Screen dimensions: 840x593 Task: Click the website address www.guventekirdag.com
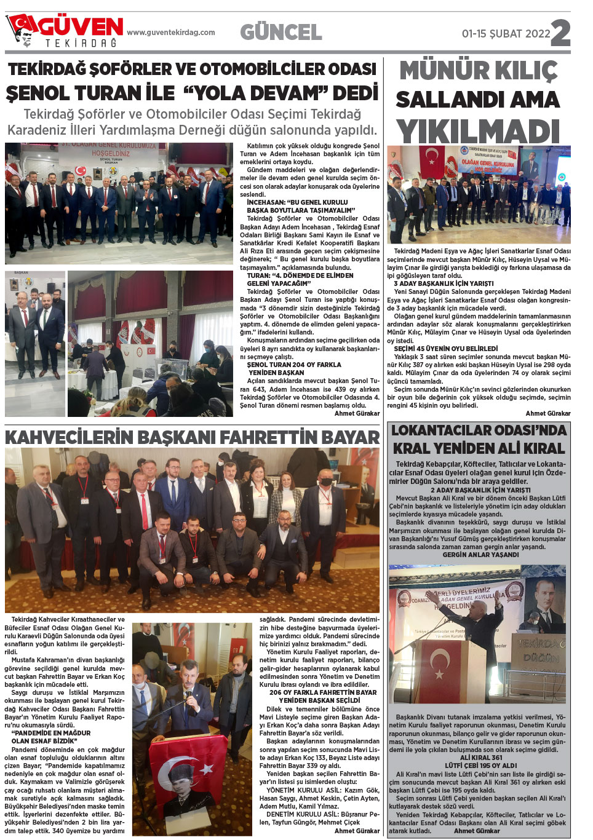pos(171,33)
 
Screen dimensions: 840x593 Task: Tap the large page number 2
pos(560,33)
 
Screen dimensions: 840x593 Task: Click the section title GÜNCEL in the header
pos(281,32)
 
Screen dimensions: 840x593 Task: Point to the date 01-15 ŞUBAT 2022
pos(506,34)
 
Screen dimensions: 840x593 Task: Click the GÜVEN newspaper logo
pos(65,30)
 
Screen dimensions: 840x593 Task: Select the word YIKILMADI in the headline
pos(478,132)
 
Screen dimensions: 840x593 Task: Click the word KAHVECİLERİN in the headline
pos(69,437)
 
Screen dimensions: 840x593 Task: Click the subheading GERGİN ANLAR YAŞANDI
pos(480,555)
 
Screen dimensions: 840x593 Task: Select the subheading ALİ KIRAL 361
pos(480,758)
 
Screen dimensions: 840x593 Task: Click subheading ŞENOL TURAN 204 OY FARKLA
pos(294,365)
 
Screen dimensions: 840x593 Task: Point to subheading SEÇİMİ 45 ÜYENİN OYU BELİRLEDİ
pos(446,349)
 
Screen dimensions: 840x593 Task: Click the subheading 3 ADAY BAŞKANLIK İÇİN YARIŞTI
pos(444,283)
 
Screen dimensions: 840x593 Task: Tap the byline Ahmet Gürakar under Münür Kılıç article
pos(548,413)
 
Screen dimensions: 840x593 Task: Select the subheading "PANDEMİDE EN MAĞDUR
pos(51,733)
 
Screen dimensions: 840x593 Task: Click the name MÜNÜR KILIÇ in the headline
pos(478,71)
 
